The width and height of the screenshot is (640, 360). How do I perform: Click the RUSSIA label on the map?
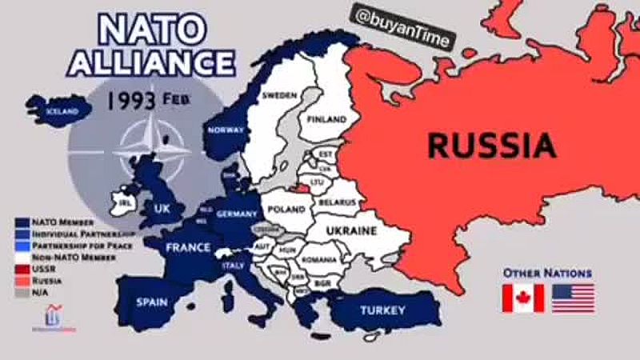pos(491,146)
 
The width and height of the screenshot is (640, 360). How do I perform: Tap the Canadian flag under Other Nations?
pos(522,298)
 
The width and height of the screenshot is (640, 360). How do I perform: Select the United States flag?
pos(573,298)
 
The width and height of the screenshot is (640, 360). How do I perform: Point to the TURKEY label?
pos(382,310)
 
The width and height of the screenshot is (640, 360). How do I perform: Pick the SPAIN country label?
pos(151,302)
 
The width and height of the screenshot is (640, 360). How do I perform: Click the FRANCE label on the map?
pos(188,248)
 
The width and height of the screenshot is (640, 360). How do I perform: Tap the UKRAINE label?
pos(350,230)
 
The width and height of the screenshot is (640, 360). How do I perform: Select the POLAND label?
pos(286,209)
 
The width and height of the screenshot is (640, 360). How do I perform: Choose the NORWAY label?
pos(226,130)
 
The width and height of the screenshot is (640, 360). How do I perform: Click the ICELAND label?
pos(62,111)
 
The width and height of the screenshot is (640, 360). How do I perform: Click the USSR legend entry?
pos(43,270)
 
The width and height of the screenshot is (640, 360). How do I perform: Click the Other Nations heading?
pos(547,273)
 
